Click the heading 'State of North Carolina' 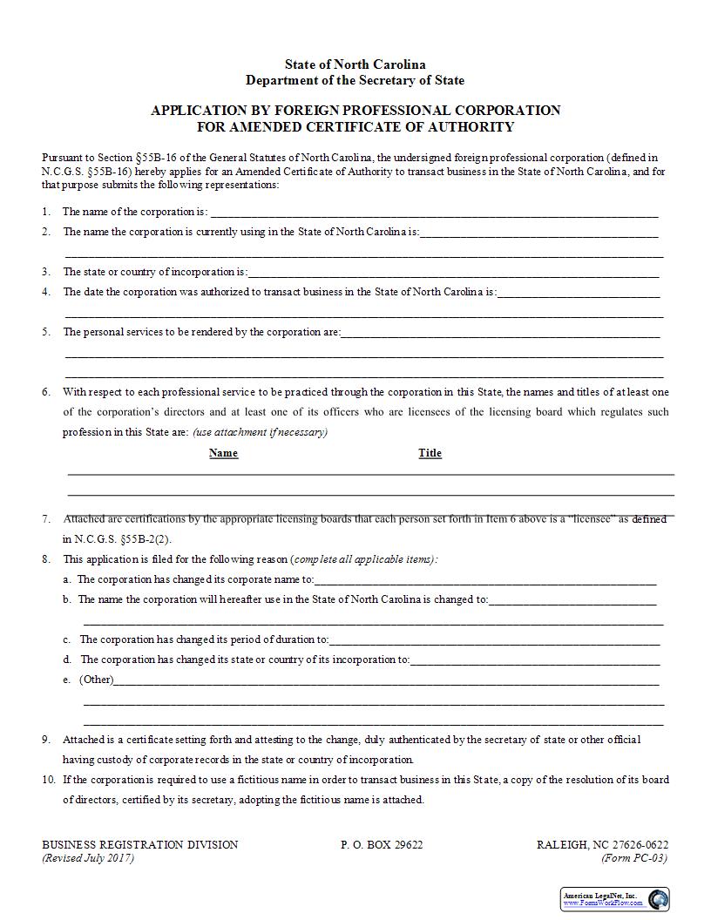pos(355,64)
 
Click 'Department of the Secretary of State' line pos(355,80)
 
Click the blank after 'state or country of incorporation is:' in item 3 pos(453,272)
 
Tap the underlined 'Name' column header pos(223,453)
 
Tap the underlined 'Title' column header pos(430,453)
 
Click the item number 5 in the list pos(46,332)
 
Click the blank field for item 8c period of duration pos(494,639)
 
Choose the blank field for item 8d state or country pos(534,660)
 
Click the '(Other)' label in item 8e pos(96,680)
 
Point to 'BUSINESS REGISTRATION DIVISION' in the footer pos(139,844)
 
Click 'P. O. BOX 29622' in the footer pos(382,844)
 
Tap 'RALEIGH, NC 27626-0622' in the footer pos(602,844)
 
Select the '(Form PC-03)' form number pos(634,857)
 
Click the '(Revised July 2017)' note pos(88,857)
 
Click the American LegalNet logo pos(614,899)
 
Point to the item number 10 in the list pos(48,780)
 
